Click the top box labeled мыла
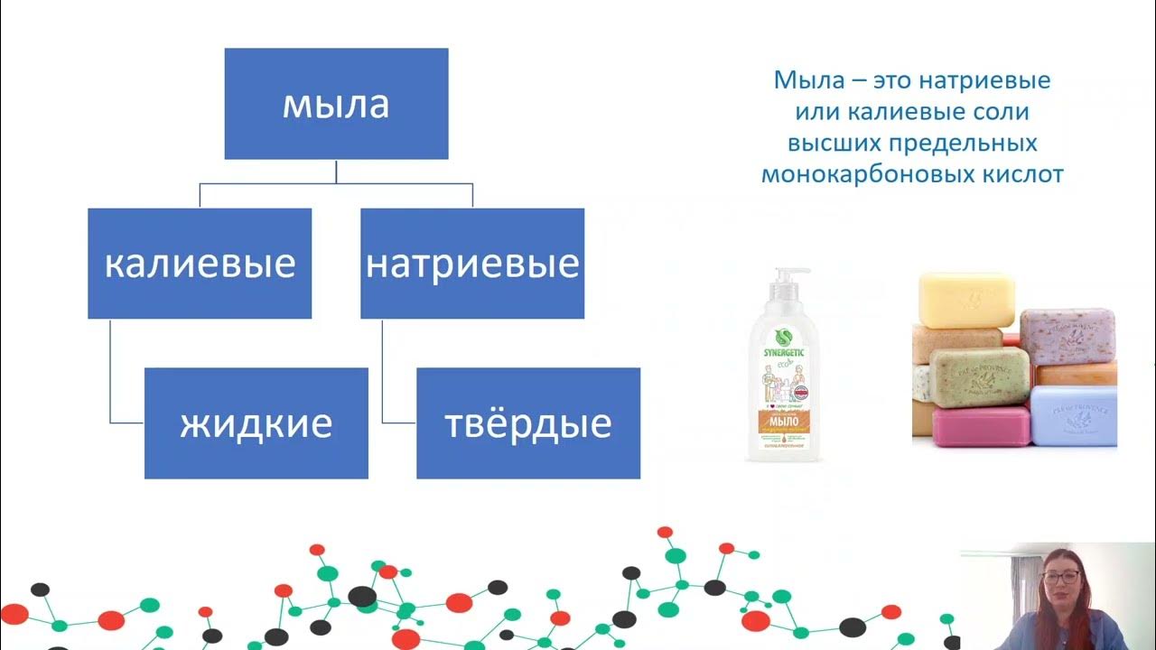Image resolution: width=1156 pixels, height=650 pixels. pos(336,104)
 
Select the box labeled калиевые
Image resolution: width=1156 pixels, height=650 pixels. pos(200,264)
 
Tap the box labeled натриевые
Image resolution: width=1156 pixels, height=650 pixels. pos(472,264)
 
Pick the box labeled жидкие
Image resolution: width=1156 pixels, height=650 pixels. pos(256,422)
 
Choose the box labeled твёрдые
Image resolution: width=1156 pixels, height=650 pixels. pos(528,422)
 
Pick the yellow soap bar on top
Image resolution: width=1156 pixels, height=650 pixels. pos(965,299)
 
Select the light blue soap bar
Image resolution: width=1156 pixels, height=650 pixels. pos(1073,415)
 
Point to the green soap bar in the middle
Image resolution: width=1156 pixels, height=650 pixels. pos(979,374)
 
